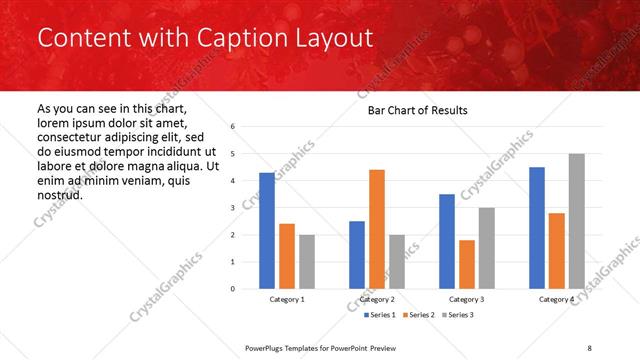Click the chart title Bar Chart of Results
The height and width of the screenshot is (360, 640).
[412, 110]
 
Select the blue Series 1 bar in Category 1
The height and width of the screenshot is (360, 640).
[267, 231]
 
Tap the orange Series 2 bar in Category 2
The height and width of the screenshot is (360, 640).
[376, 229]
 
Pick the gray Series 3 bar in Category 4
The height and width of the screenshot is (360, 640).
[576, 221]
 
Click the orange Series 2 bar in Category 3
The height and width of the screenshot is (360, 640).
[467, 264]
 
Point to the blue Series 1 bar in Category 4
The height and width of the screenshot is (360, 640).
[537, 228]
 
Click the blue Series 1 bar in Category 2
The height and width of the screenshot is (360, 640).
[357, 255]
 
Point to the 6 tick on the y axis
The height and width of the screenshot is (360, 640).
[232, 127]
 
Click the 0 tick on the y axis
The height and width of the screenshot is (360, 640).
[232, 289]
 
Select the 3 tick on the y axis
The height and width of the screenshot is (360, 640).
[232, 208]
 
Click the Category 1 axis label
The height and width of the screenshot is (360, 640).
[287, 299]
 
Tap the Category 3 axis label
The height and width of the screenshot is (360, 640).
[467, 299]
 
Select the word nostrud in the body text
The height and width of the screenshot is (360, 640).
[60, 194]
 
